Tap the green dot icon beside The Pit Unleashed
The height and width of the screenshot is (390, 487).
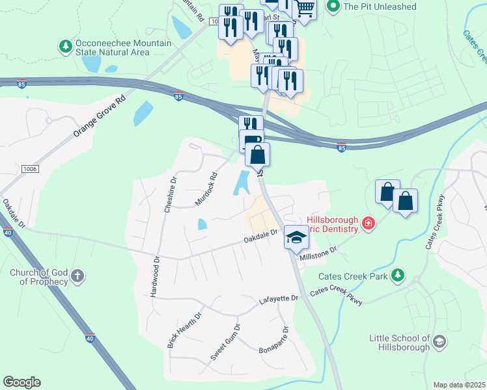pos(333,6)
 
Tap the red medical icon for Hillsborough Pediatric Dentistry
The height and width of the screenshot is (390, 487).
pos(369,224)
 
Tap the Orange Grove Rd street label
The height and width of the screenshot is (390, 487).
pos(98,117)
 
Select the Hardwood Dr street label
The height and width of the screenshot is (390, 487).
pos(156,278)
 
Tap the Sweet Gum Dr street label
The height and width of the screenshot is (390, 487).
pos(225,342)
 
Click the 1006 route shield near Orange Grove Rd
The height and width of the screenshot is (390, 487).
pos(29,169)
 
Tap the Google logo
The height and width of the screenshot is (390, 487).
pos(21,382)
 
